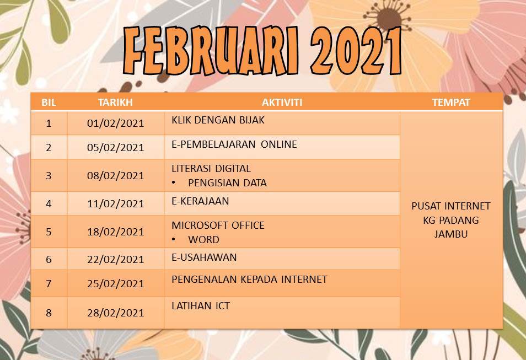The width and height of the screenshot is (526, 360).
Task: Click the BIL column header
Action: click(x=49, y=103)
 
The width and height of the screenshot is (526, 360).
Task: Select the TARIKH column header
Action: click(x=115, y=103)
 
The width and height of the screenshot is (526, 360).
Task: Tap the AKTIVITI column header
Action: click(x=282, y=103)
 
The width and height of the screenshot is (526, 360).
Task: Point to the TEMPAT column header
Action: click(x=451, y=103)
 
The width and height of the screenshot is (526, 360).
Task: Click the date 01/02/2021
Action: click(x=115, y=123)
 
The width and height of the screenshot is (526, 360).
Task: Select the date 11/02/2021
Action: click(x=115, y=203)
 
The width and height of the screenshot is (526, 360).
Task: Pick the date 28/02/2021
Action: click(x=115, y=313)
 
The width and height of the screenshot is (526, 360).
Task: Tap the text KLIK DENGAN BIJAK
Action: click(x=218, y=120)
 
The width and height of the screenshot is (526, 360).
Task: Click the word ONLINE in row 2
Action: click(x=279, y=144)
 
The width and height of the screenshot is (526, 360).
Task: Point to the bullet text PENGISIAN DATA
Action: click(x=227, y=183)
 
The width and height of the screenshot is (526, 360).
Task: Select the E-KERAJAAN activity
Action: click(x=200, y=201)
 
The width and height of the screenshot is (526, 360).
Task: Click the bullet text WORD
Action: click(x=203, y=240)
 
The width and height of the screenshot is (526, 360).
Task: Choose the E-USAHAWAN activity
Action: click(x=204, y=257)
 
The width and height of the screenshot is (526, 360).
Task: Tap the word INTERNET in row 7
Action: click(x=304, y=279)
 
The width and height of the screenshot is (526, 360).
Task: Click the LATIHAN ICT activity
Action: click(x=201, y=305)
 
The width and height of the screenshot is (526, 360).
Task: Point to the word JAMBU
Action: click(x=451, y=234)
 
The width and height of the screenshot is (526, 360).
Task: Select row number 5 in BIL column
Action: click(x=49, y=232)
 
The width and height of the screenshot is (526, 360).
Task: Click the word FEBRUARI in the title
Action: click(x=210, y=51)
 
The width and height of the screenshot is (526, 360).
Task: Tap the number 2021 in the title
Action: click(x=356, y=51)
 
